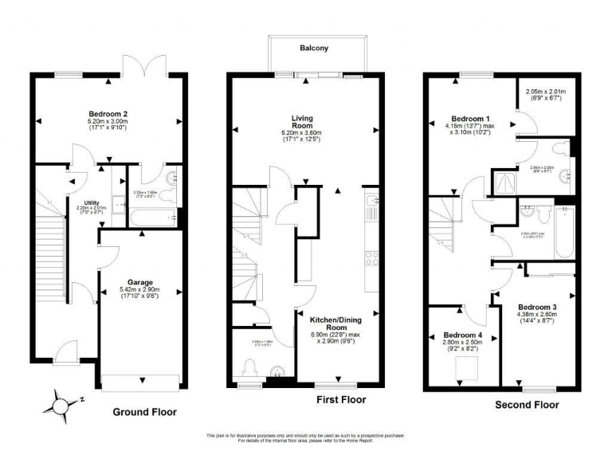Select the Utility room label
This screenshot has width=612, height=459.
92,202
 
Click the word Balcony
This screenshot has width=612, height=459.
314,49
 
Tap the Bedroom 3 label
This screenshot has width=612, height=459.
537,307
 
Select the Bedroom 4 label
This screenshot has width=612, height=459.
463,334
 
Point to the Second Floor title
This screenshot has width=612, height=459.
528,405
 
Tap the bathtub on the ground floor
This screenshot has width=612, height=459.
153,216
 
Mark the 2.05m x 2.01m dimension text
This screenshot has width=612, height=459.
546,96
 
